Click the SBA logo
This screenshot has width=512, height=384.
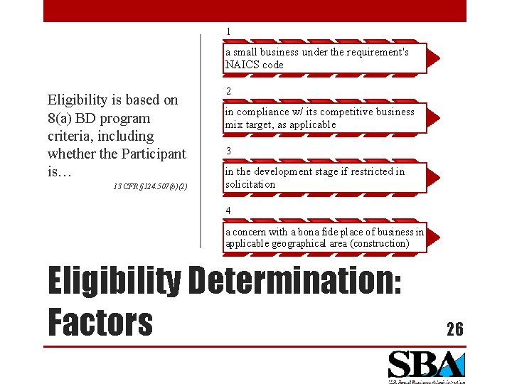(425, 366)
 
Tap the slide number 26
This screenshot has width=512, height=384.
(454, 329)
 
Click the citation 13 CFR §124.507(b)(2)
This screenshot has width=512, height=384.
(150, 186)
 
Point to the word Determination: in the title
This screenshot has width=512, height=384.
(294, 281)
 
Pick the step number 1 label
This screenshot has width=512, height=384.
(228, 31)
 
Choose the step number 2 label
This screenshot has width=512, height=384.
(228, 91)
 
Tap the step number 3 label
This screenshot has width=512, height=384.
(228, 151)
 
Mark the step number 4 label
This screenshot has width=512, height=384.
(228, 210)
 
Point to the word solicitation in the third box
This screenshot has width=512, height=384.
(250, 184)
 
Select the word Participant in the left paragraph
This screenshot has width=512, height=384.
(151, 154)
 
